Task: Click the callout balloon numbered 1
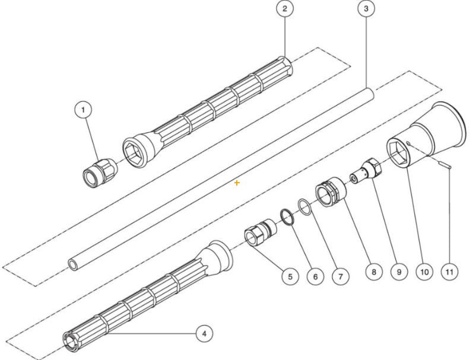[84, 110]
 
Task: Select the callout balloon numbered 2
[285, 9]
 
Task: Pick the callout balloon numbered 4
[204, 333]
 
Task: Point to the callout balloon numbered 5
[290, 276]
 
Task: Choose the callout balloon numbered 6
[315, 276]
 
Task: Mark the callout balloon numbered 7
[340, 276]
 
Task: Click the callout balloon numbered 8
[373, 272]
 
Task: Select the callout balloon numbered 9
[399, 272]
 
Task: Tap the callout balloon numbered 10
[424, 272]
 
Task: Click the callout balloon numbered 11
[449, 272]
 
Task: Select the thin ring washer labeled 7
[304, 208]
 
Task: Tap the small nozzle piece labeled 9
[368, 170]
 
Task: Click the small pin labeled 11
[445, 164]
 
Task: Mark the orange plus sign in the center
[237, 183]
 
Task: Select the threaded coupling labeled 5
[260, 232]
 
